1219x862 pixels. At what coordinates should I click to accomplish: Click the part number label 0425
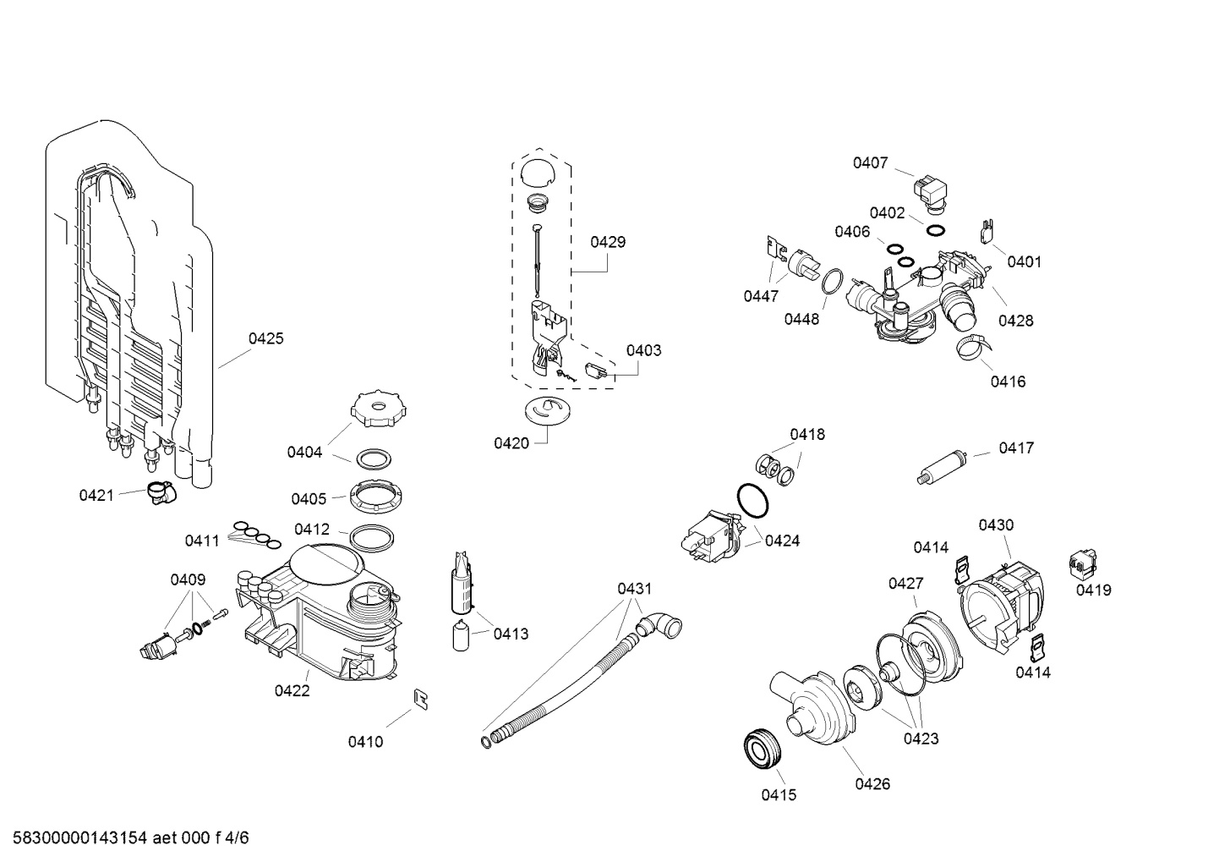[265, 338]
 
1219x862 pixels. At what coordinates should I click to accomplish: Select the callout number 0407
[870, 162]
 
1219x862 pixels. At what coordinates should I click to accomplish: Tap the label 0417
[1015, 447]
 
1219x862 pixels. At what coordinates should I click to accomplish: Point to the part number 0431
[634, 588]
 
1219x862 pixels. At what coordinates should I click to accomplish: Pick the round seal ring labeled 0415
[763, 749]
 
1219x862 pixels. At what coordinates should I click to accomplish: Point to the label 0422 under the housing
[292, 690]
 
